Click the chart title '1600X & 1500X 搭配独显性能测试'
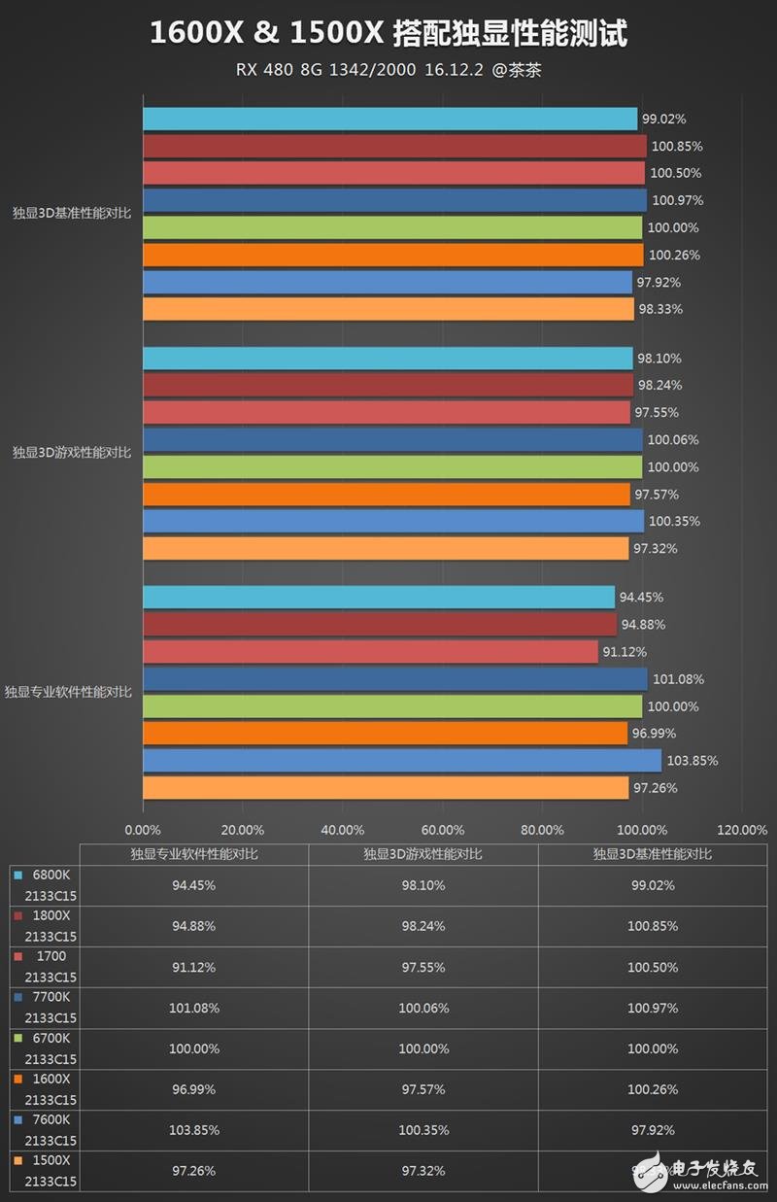coord(388,35)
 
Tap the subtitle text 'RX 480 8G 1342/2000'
coord(325,71)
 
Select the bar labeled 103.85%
coord(402,760)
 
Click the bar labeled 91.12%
coord(370,651)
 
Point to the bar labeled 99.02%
coord(389,119)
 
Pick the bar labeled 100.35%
coord(393,521)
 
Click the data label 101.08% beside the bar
coord(678,679)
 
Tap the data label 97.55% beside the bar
coord(657,412)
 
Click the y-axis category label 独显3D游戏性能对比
coord(71,452)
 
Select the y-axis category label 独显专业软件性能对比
coord(67,692)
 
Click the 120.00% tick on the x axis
coord(742,830)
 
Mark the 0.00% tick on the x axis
coord(143,830)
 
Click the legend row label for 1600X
coord(51,1079)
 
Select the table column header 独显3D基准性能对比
coord(652,853)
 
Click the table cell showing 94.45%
coord(194,885)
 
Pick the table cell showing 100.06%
coord(422,1008)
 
